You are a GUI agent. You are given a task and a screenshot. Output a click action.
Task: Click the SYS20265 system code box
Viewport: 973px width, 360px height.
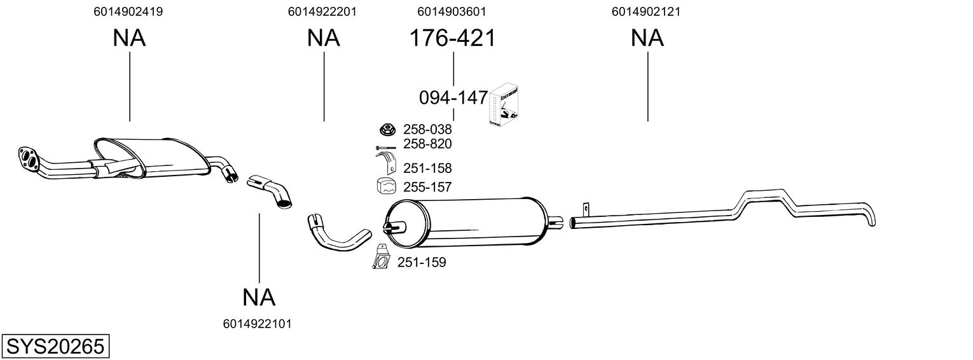point(55,347)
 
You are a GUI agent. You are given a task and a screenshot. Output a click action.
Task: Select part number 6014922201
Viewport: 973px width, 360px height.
point(322,11)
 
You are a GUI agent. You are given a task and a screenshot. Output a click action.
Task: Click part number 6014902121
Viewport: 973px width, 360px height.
point(646,11)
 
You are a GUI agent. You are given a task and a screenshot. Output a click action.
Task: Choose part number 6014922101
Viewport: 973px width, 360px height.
point(258,324)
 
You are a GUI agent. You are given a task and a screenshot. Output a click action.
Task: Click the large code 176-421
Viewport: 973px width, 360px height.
point(452,38)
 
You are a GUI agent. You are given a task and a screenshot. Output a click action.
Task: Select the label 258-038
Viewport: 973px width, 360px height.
point(427,130)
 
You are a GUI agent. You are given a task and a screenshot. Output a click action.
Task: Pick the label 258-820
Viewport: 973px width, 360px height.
point(427,144)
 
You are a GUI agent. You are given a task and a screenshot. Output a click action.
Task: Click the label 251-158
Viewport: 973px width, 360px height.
point(427,169)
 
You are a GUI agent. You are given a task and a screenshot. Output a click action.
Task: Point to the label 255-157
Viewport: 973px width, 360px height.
point(427,188)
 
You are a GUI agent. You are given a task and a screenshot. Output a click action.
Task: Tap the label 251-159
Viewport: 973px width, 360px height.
point(422,262)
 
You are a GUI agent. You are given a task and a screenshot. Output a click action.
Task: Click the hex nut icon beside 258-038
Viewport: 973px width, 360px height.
point(386,130)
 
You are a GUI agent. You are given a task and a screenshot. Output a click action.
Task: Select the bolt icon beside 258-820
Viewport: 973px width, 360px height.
point(386,148)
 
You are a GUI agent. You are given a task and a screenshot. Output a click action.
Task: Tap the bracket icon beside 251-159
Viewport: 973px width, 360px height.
point(382,258)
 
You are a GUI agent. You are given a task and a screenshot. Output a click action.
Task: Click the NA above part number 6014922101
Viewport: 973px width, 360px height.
point(259,296)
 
